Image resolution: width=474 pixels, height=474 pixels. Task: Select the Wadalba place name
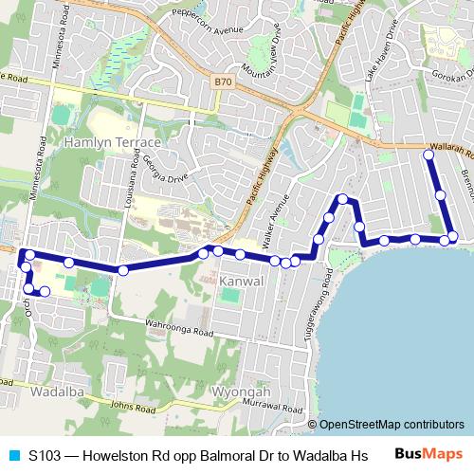[57, 391]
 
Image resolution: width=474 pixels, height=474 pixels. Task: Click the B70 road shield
[223, 82]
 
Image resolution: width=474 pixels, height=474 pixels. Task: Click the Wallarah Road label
[447, 151]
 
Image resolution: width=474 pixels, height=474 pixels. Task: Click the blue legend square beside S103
[13, 454]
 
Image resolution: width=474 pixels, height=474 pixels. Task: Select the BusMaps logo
[428, 454]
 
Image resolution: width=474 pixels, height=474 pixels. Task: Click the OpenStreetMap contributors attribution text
[392, 425]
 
